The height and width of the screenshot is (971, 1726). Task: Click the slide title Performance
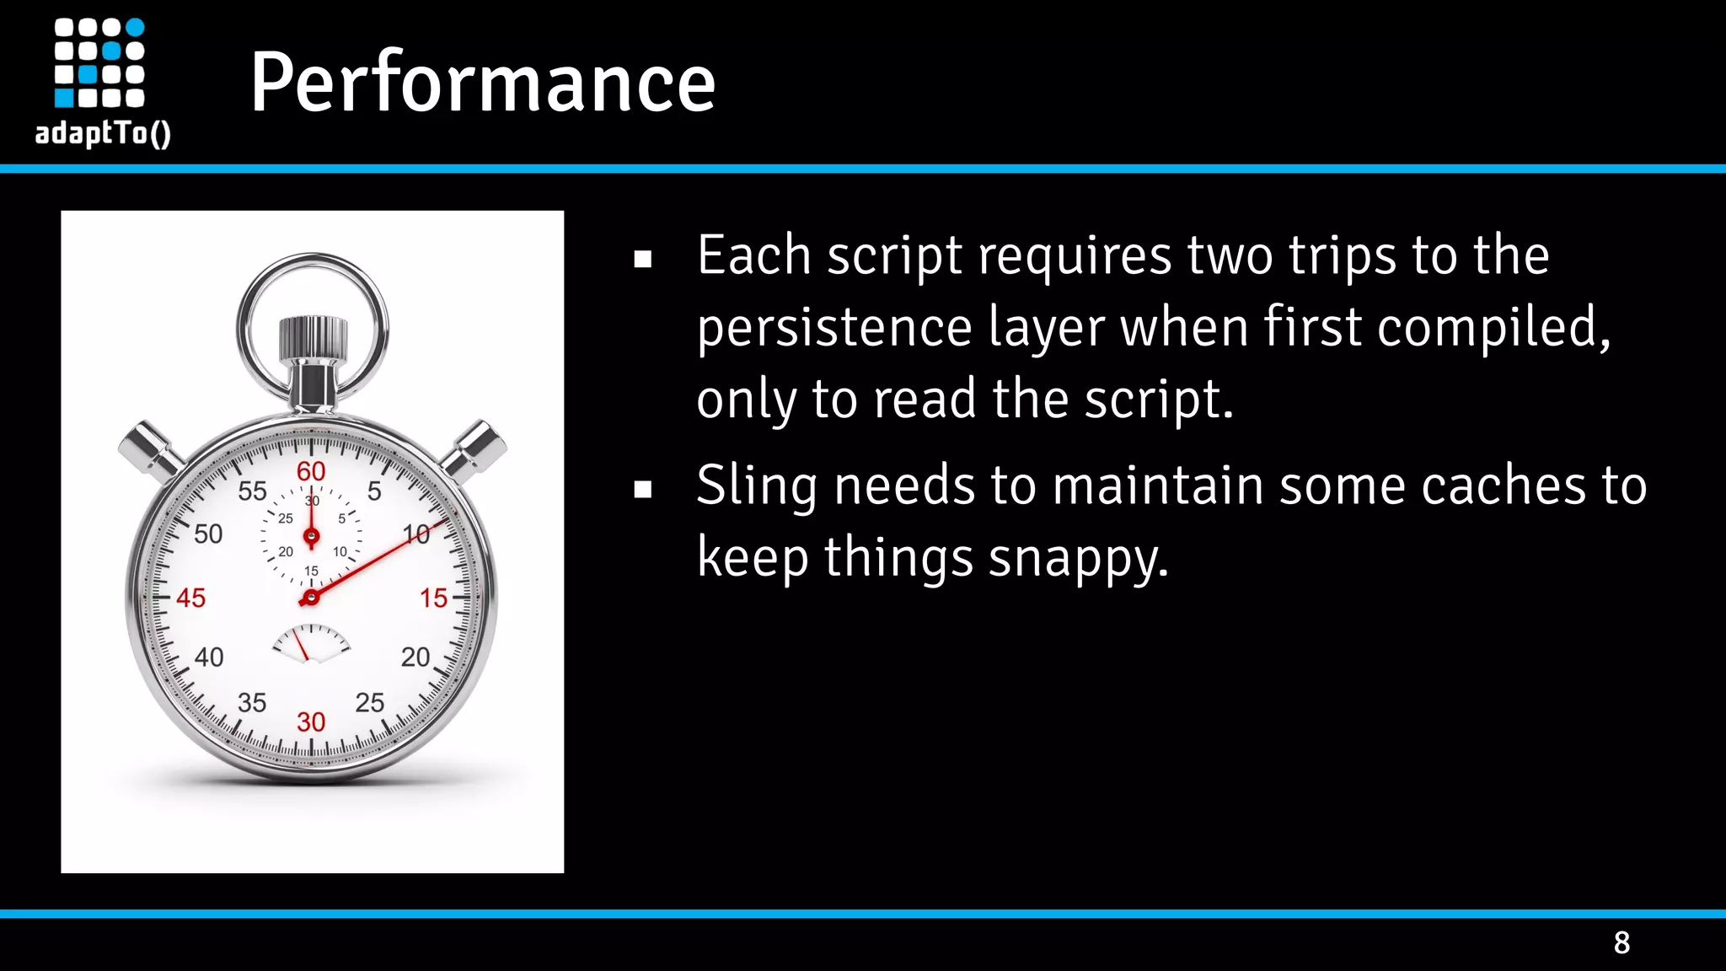482,82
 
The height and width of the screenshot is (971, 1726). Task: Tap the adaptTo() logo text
103,133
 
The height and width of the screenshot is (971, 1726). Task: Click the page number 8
1621,942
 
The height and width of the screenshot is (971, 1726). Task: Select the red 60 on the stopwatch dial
311,471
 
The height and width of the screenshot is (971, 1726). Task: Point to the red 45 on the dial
190,598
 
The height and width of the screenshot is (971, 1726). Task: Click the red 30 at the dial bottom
311,722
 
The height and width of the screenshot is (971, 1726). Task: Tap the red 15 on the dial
434,598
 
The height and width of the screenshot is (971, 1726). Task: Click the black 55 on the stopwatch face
252,491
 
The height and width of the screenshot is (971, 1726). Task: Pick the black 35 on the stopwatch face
252,702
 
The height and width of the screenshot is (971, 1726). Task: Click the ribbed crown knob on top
313,337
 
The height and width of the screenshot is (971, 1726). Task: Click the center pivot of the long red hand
310,598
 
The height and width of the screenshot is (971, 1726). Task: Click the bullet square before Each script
643,259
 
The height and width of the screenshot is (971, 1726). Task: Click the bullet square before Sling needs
643,489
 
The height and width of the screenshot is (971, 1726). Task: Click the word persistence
834,327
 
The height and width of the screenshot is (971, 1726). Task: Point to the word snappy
1078,558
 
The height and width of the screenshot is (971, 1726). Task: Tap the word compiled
1493,327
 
